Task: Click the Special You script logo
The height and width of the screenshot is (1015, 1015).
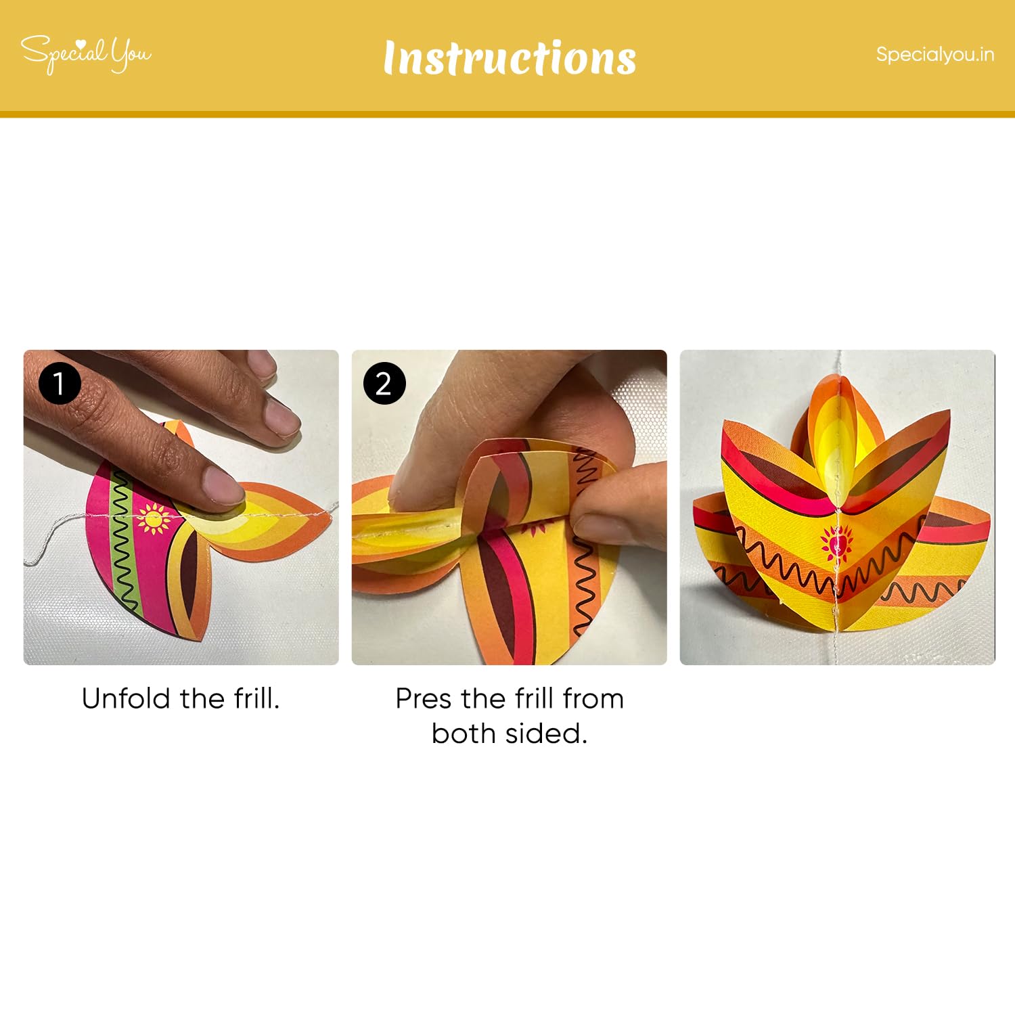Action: (x=86, y=53)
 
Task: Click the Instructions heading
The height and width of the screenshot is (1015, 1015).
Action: (x=510, y=58)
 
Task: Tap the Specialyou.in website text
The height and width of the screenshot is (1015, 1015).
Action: (x=935, y=54)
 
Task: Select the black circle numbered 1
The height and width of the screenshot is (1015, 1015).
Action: (x=60, y=384)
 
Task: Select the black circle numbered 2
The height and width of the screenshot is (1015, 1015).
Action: (x=384, y=384)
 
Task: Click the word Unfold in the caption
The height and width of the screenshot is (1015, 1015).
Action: (x=126, y=698)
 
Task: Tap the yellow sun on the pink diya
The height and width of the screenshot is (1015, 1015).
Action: (x=154, y=518)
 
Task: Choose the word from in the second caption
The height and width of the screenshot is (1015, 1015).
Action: (x=593, y=698)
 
